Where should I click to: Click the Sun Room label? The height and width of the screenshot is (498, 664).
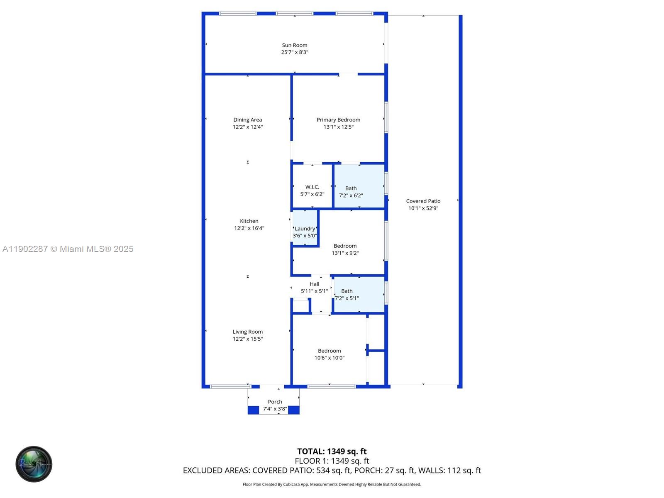pos(295,45)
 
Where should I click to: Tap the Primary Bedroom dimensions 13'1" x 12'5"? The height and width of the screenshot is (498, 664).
pos(338,127)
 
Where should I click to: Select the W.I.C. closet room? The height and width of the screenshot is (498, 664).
pos(312,187)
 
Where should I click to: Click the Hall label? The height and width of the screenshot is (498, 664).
pos(315,284)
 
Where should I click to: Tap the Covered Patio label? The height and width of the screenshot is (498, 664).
pos(423,201)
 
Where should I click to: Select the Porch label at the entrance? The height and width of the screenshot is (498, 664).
pos(275,402)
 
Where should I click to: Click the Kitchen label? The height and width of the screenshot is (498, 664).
pos(249,221)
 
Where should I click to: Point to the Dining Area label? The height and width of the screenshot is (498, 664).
pos(248,120)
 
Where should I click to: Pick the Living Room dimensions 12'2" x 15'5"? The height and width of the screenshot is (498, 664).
pos(248,339)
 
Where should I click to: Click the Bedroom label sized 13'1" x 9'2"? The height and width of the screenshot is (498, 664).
pos(345,246)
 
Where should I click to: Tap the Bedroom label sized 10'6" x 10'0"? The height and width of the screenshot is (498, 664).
pos(329,351)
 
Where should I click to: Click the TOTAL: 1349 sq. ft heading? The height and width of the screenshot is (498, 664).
pos(332,452)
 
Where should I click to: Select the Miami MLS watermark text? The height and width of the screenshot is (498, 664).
pos(68,249)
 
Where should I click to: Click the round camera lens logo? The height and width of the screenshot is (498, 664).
pos(34,464)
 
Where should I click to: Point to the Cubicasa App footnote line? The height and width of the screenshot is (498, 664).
pos(332,484)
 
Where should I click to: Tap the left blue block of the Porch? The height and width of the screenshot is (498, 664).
pos(253,410)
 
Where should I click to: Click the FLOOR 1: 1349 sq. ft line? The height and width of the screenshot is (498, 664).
pos(332,461)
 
